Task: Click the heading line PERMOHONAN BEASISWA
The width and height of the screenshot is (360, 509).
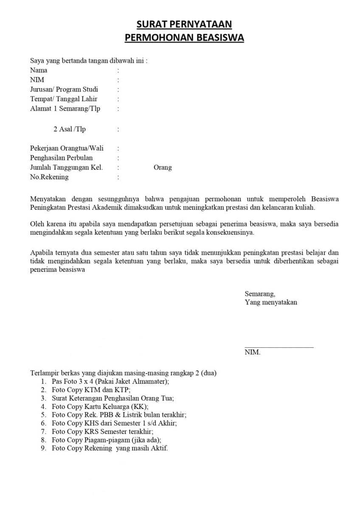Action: tap(184, 38)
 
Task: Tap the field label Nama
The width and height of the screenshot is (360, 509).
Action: tap(39, 70)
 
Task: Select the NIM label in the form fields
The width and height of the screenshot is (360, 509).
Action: tap(37, 80)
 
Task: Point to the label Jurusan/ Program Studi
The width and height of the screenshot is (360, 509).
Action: tap(64, 89)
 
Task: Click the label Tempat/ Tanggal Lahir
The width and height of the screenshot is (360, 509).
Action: tap(64, 99)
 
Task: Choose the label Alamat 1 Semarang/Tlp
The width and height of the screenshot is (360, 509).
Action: tap(65, 109)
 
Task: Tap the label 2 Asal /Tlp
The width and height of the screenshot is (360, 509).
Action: tap(69, 129)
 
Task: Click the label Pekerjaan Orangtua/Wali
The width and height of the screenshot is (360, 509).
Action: tap(67, 148)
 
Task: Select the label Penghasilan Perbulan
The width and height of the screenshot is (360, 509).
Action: tap(61, 158)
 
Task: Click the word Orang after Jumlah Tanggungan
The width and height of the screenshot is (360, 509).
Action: tap(163, 168)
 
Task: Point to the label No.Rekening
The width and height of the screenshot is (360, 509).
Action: tap(49, 177)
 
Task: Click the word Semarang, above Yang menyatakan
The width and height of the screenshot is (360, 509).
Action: tap(260, 294)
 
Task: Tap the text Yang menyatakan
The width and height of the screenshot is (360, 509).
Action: tap(271, 302)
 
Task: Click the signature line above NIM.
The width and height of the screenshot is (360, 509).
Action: tap(279, 347)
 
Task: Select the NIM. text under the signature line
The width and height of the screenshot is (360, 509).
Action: tap(252, 352)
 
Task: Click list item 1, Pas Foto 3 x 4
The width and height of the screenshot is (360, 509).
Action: tap(110, 381)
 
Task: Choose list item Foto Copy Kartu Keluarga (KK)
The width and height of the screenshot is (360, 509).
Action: tap(100, 406)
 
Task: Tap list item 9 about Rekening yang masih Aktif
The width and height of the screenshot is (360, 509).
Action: tap(110, 448)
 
